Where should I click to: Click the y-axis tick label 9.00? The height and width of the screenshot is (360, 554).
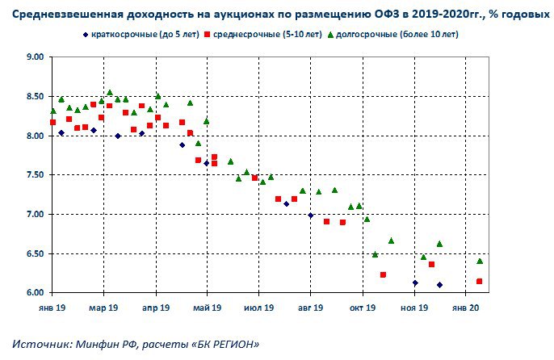click(33, 57)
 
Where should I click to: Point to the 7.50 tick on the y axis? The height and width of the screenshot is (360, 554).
click(33, 175)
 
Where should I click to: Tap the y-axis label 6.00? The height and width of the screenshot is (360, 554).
click(33, 292)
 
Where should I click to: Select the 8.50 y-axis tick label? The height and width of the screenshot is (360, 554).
click(33, 97)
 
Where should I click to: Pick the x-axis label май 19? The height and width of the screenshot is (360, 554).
click(208, 308)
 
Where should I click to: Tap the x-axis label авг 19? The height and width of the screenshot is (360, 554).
click(311, 308)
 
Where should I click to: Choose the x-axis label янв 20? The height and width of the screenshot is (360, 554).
click(467, 308)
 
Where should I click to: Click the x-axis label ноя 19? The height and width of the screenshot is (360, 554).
click(414, 308)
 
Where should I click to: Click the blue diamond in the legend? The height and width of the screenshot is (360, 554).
click(85, 35)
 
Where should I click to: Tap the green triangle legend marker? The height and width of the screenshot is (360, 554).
click(332, 35)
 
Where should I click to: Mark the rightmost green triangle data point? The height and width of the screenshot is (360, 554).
click(480, 261)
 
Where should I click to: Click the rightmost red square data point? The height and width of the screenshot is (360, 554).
click(480, 282)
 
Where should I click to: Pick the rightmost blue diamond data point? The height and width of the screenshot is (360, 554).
click(439, 284)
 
